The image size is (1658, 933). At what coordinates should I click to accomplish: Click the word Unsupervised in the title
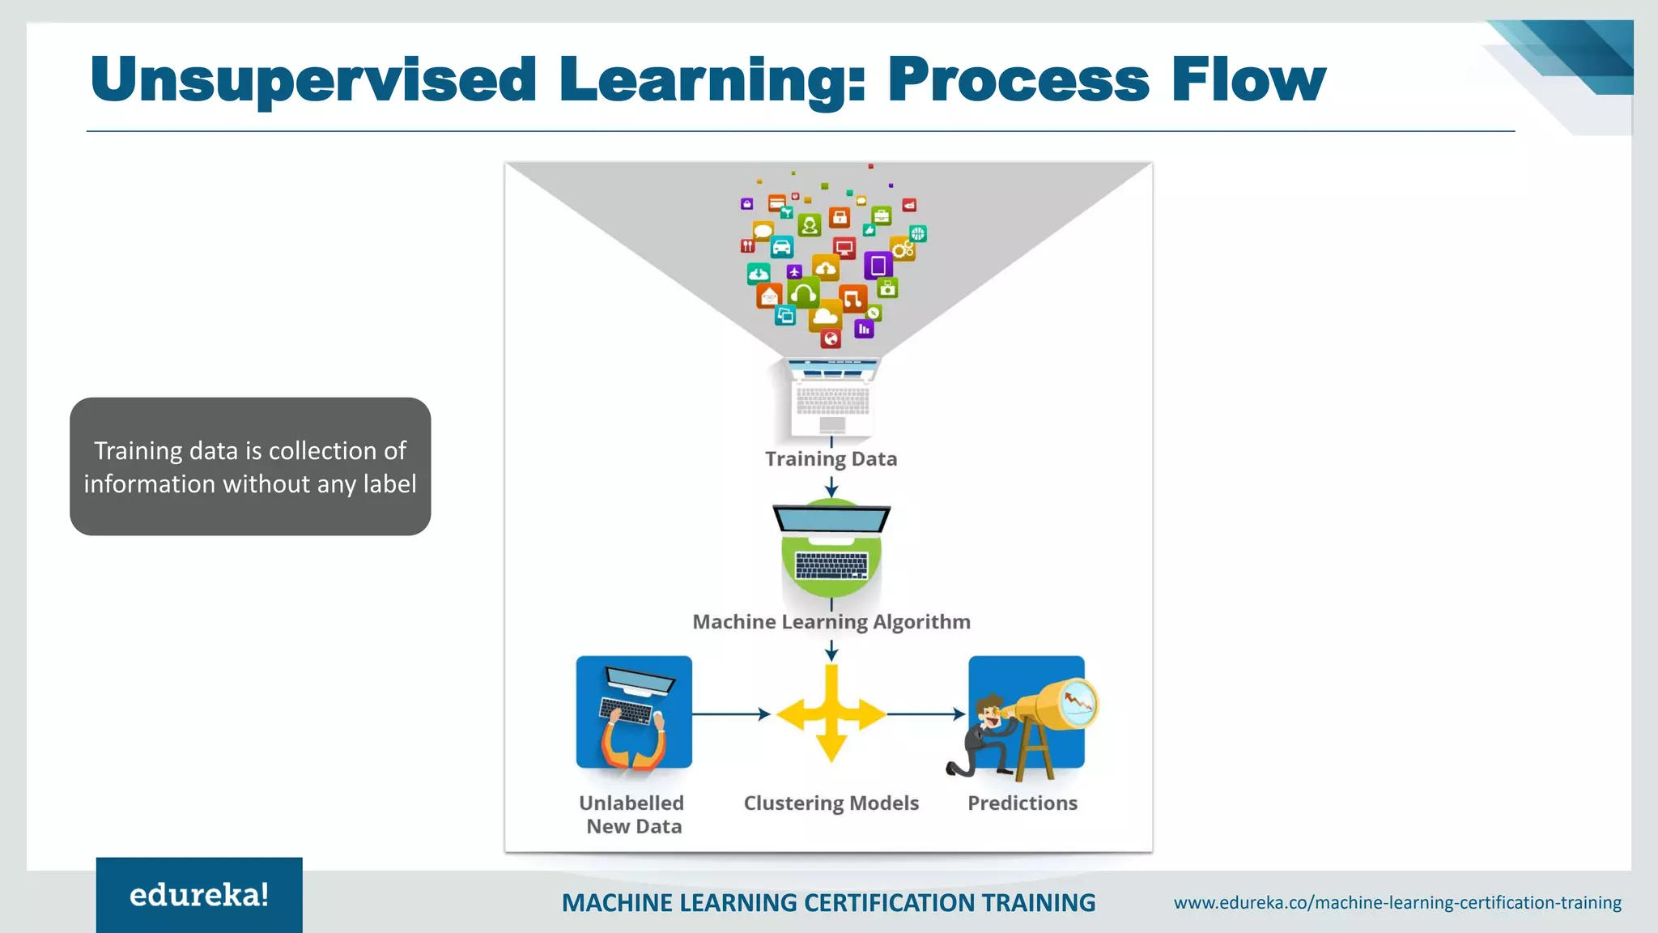tap(313, 81)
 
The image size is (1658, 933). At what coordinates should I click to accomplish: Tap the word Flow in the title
tap(1248, 79)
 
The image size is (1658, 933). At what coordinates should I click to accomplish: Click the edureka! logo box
tap(199, 895)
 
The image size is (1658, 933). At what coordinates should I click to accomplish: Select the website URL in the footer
tap(1397, 902)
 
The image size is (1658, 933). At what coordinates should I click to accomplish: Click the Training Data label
tap(831, 459)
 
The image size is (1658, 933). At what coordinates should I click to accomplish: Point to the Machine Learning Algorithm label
tap(831, 622)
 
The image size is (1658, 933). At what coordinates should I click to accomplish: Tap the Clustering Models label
tap(831, 803)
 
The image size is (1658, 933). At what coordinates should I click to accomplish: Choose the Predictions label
tap(1022, 803)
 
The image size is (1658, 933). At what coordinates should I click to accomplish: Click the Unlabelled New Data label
tap(632, 815)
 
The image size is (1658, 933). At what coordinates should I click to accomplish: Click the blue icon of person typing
tap(634, 713)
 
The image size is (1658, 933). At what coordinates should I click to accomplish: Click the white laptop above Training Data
tap(832, 397)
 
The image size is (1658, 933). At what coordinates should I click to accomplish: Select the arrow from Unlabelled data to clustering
tap(731, 714)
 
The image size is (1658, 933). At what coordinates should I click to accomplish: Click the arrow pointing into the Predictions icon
tap(926, 714)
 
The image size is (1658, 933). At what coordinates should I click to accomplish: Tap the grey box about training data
tap(250, 466)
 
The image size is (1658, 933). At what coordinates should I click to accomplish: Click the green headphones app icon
tap(804, 293)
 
